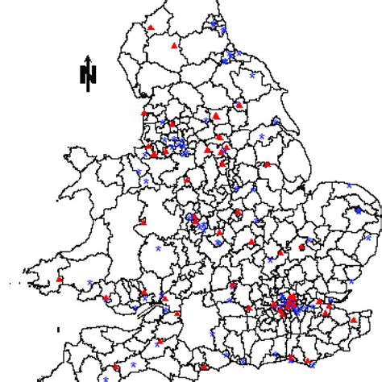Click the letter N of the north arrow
coord(89,75)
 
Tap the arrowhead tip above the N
coord(89,57)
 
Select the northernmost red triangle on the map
coord(151,27)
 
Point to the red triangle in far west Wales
coord(60,280)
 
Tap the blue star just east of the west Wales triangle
coord(89,282)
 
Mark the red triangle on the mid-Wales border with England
coord(143,221)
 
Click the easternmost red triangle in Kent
coord(352,321)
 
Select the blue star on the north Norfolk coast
coord(349,185)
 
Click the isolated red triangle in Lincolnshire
coord(267,164)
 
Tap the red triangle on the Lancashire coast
coord(145,114)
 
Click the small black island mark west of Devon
coord(60,329)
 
